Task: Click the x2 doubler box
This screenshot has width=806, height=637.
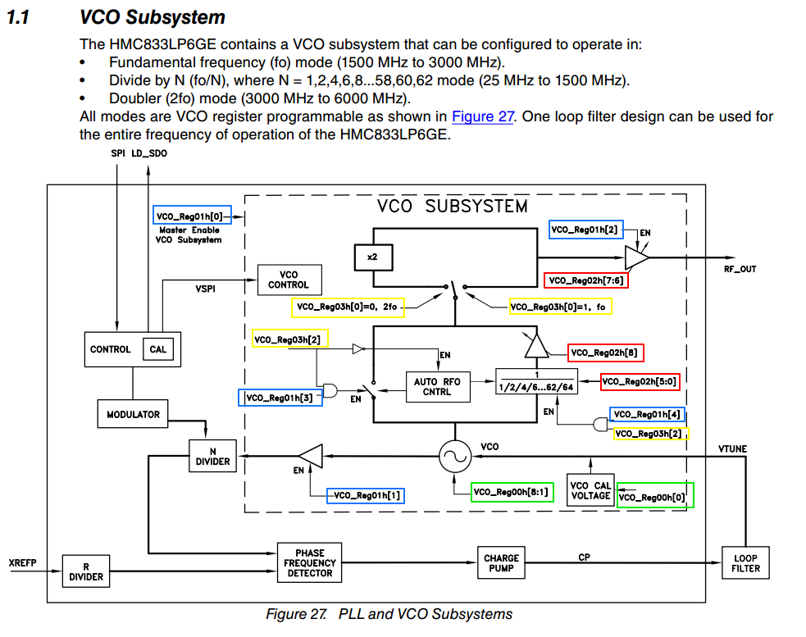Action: point(374,257)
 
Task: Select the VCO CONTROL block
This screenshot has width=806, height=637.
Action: point(289,280)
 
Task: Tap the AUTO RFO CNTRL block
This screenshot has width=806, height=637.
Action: point(438,387)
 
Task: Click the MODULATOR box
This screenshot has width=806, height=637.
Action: point(133,414)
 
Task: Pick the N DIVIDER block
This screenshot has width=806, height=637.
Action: point(213,456)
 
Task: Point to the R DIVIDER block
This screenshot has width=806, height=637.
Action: point(86,571)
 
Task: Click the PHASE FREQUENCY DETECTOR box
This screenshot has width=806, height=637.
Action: point(309,562)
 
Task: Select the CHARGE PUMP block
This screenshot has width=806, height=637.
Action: point(501,562)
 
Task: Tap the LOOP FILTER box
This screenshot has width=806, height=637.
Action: point(745,563)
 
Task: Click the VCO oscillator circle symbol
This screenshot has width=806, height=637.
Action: point(455,457)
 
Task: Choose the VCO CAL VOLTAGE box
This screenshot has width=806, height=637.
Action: point(590,490)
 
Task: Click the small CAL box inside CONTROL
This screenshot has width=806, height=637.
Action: point(157,349)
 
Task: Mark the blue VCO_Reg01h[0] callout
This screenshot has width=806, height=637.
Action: point(192,216)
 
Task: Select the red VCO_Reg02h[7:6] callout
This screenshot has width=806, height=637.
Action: point(586,280)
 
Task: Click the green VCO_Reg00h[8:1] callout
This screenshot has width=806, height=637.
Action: point(512,492)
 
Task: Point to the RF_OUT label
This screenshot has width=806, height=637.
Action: point(740,269)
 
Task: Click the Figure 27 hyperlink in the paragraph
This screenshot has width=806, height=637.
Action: point(483,116)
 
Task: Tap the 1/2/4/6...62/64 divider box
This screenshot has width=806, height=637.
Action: point(536,381)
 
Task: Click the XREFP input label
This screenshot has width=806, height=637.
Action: point(23,562)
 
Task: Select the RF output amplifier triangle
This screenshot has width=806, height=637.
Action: point(636,257)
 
